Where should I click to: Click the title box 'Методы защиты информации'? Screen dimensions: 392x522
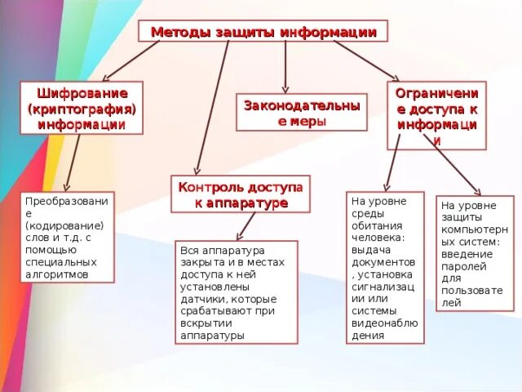pos(263,31)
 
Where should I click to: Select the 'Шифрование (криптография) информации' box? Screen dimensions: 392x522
pos(81,108)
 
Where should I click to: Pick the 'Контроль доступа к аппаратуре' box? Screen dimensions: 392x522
pos(241,194)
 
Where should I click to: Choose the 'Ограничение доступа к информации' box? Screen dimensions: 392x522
pos(436,115)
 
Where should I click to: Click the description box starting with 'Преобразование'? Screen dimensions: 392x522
pos(67,238)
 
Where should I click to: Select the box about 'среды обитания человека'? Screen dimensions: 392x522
pos(385,270)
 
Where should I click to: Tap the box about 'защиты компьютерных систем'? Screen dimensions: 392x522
pos(475,252)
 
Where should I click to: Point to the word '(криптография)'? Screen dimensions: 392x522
pos(82,109)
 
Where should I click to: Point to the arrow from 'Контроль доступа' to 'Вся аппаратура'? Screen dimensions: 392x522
pos(246,225)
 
